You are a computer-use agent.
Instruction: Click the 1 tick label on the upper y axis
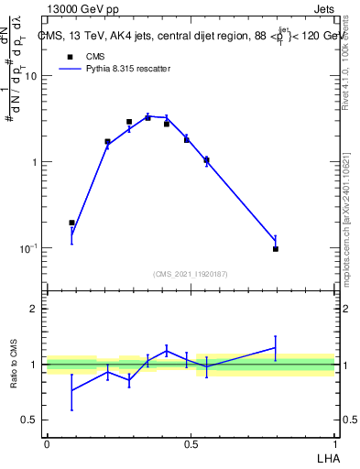point(34,162)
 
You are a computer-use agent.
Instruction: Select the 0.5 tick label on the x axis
point(191,442)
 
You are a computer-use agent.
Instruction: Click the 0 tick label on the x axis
point(47,442)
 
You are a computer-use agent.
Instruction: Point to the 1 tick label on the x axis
point(334,442)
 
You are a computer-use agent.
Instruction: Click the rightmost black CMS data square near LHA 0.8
point(276,248)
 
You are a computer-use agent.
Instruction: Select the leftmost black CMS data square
point(72,223)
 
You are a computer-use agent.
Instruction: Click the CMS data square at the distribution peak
point(147,117)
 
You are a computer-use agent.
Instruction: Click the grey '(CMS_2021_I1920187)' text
point(191,273)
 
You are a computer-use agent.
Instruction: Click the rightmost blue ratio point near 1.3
point(276,348)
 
